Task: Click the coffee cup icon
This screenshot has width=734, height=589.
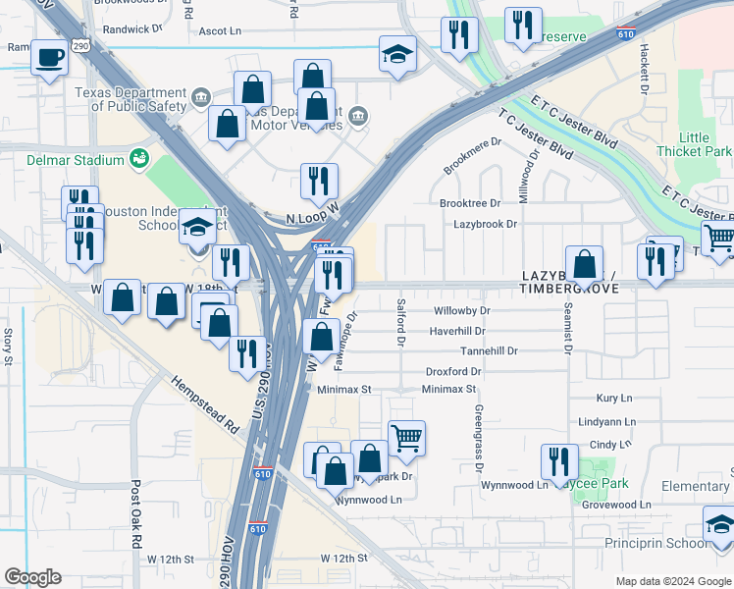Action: pos(49,56)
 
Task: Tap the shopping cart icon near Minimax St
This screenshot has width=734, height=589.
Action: pos(406,438)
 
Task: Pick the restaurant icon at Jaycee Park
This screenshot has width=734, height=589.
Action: pos(559,461)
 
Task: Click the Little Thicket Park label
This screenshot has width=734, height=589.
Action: pos(705,145)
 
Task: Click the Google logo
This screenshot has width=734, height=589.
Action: pos(32,577)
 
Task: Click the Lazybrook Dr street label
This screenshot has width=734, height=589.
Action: pos(485,225)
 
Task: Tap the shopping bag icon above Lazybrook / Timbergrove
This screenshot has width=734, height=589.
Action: pos(584,264)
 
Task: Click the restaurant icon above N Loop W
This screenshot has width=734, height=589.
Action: pos(319,182)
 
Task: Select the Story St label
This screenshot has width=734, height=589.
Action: pos(8,347)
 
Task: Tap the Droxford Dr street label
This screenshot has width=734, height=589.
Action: pos(453,372)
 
